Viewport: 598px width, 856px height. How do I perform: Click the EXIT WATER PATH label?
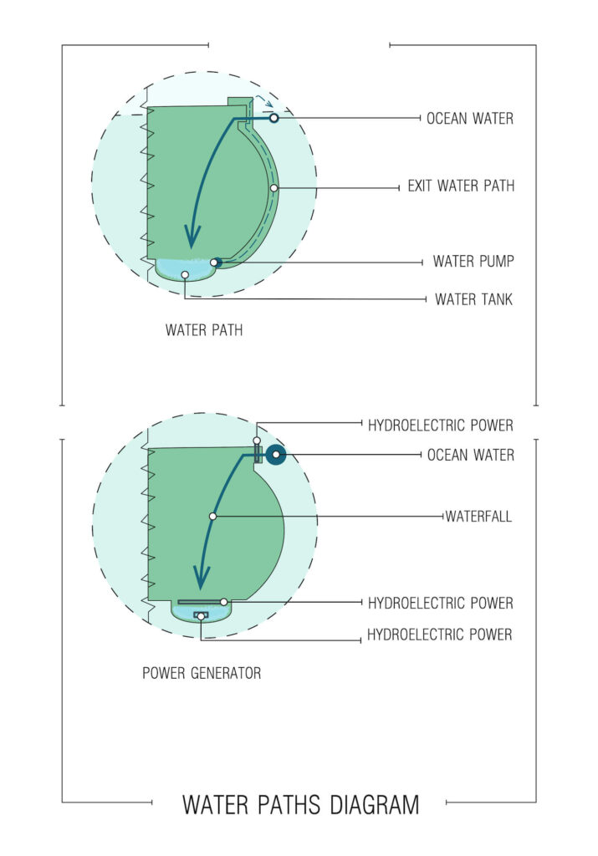461,186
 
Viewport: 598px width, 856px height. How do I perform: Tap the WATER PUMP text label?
473,262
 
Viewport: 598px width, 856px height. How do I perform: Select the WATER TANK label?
473,298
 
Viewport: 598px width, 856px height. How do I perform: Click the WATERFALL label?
478,517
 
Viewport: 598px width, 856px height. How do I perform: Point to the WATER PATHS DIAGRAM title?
300,805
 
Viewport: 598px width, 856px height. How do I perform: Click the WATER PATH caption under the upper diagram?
204,329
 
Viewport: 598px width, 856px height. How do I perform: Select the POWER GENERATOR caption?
202,672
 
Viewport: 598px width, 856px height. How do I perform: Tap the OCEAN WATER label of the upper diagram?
470,119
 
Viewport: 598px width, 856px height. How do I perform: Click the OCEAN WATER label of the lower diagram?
470,455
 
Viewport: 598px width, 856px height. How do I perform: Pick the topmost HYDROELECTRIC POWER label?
440,425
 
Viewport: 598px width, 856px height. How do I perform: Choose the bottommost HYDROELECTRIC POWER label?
440,635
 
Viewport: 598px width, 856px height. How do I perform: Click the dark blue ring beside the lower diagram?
275,455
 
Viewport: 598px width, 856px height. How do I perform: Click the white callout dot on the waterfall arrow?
212,517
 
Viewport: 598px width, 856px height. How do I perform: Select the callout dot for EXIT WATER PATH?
273,188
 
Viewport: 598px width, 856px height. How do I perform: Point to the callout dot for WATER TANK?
185,274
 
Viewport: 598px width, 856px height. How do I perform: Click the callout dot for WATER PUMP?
214,262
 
